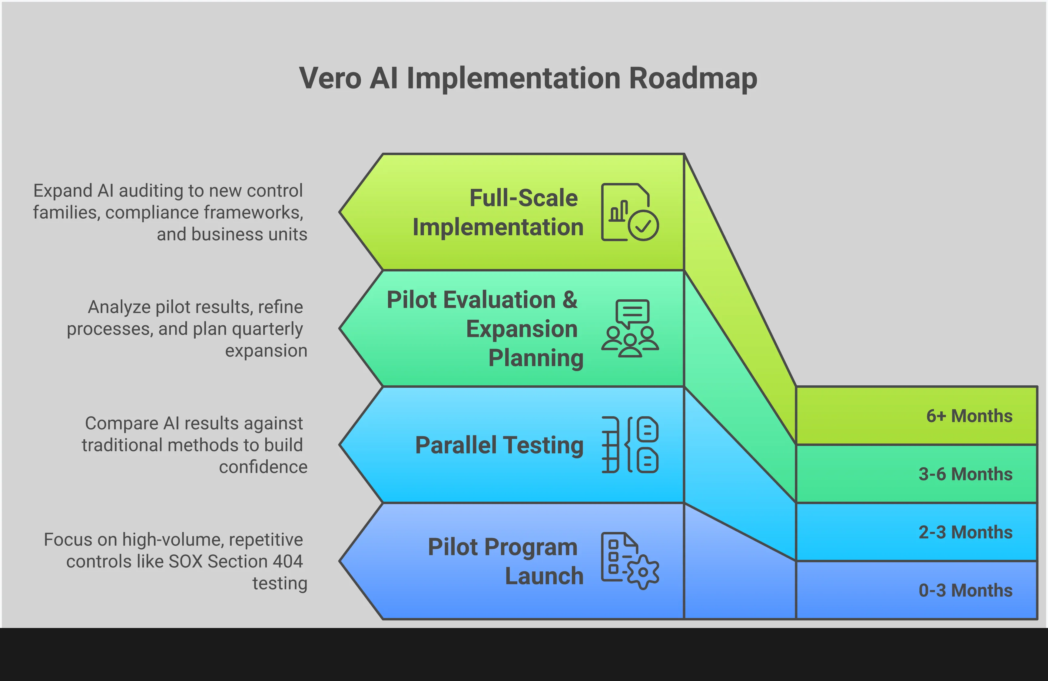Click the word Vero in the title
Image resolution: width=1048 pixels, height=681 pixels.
[x=330, y=78]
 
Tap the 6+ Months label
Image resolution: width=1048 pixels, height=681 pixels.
[x=969, y=416]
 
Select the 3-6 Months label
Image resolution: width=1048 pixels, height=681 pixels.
[x=965, y=474]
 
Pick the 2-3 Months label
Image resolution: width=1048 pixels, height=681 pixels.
[x=965, y=532]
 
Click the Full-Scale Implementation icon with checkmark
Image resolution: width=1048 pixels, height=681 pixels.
[x=630, y=212]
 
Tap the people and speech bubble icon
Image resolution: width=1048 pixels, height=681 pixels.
[x=630, y=328]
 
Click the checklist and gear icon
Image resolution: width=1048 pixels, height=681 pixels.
[x=630, y=560]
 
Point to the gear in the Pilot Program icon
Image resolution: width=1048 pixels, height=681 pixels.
[x=643, y=572]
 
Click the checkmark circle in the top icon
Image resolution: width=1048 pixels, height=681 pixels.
[x=643, y=225]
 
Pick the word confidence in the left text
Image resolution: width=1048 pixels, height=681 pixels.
[x=263, y=467]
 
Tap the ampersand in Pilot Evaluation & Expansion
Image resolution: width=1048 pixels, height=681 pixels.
[x=569, y=300]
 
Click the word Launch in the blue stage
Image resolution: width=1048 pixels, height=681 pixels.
[x=544, y=576]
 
